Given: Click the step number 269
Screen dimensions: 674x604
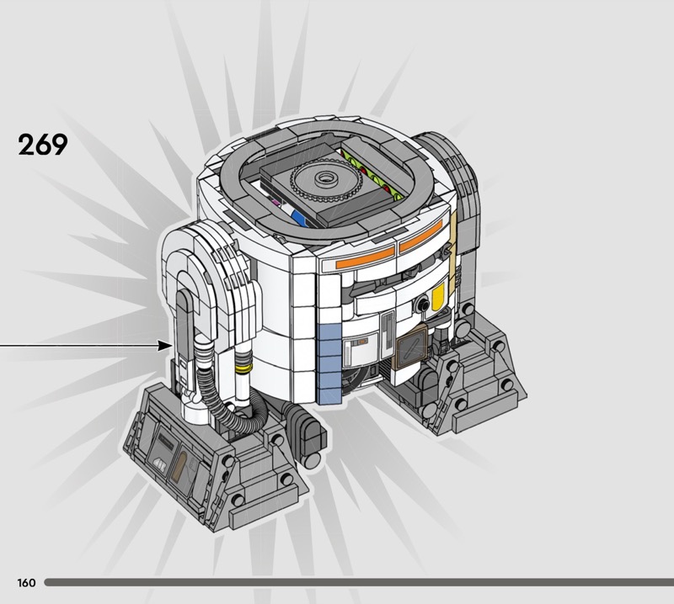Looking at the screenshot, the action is (x=43, y=144).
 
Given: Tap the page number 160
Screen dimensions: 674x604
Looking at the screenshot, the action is (x=26, y=582).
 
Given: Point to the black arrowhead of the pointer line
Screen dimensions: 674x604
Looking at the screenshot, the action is (x=164, y=346).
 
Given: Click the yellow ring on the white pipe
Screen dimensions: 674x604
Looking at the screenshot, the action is (x=244, y=368).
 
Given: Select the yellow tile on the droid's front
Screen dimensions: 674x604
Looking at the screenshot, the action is (x=437, y=297).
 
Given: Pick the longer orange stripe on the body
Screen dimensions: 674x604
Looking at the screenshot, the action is (x=366, y=257).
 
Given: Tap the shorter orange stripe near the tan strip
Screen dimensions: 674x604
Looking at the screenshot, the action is (x=420, y=236).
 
